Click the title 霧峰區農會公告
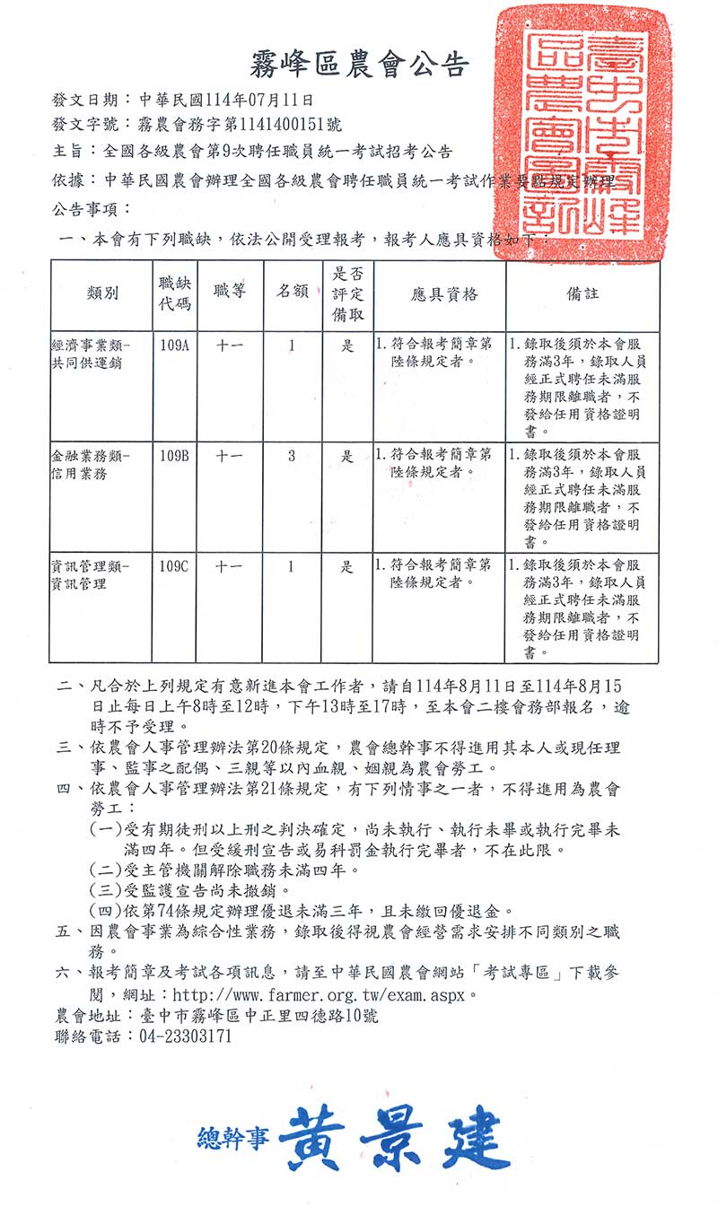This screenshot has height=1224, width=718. click(x=357, y=65)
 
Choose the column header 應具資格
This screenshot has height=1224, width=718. click(x=439, y=294)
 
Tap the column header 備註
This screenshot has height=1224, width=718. click(x=582, y=294)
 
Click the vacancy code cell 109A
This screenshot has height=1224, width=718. click(x=174, y=345)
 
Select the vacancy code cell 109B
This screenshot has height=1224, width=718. click(x=174, y=456)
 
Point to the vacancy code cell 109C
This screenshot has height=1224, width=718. click(x=174, y=567)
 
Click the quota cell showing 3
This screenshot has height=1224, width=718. click(x=292, y=456)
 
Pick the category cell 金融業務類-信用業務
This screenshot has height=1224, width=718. click(x=91, y=465)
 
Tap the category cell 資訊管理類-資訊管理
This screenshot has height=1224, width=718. click(x=91, y=575)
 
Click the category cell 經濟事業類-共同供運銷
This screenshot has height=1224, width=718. click(x=91, y=354)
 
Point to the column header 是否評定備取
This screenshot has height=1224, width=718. click(x=346, y=294)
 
